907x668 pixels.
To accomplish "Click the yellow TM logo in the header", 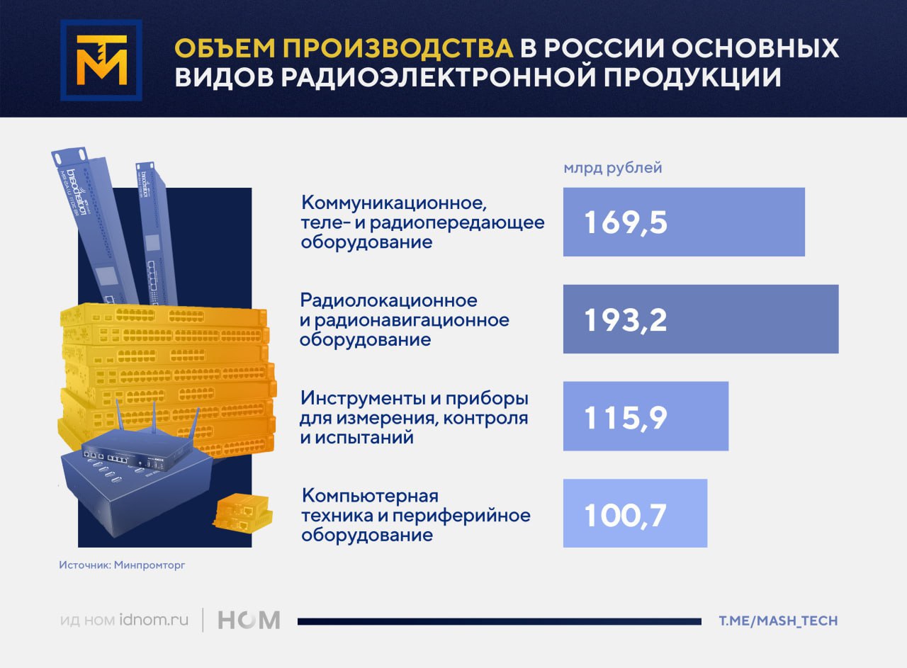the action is coord(101,60).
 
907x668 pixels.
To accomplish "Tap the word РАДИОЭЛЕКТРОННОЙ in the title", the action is coord(439,77).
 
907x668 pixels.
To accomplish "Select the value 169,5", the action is coord(625,222).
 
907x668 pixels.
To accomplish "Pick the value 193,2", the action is coord(625,319).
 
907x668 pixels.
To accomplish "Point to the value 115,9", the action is coord(625,417).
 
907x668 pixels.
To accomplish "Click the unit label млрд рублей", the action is coord(613,168).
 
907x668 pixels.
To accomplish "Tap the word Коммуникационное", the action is coord(393,203).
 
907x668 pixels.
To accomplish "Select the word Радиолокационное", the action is coord(389,300).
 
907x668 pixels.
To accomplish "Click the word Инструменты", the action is coord(362,399).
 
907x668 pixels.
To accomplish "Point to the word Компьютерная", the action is coord(370,496).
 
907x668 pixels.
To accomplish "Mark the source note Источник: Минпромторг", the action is coord(123,565).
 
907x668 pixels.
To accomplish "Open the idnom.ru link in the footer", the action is coord(154,620).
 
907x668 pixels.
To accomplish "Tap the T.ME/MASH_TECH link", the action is coord(778,621).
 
